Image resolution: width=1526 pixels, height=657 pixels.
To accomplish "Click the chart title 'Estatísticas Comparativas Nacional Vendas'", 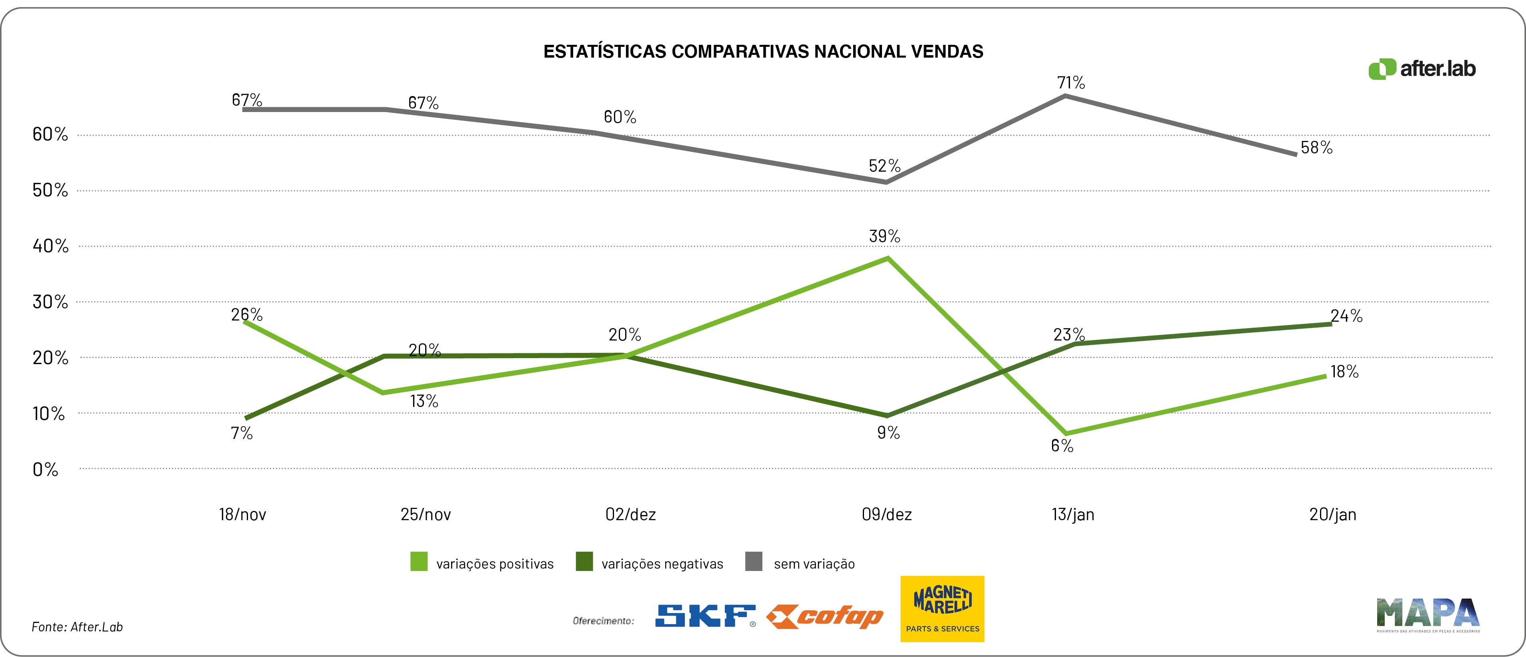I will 763,52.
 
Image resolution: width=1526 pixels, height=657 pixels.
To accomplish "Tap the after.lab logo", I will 1422,69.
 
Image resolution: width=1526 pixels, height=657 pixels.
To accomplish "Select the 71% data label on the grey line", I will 1070,82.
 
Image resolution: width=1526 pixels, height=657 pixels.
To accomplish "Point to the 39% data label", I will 884,236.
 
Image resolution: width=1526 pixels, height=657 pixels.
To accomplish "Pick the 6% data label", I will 1062,445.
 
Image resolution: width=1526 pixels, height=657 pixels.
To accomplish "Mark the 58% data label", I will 1316,148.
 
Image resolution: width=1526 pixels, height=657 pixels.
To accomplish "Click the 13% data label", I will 424,401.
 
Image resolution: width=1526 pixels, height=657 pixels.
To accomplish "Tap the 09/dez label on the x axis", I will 886,514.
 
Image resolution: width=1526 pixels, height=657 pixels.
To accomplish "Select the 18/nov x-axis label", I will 242,514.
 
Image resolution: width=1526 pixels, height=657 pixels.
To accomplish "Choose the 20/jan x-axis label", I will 1332,514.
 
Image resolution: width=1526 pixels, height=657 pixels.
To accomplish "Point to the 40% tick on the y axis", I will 50,246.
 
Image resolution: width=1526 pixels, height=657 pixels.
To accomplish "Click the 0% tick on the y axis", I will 45,470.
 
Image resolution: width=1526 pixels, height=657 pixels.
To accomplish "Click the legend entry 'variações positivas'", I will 495,563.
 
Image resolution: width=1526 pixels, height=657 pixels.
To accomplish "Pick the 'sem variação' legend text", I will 814,563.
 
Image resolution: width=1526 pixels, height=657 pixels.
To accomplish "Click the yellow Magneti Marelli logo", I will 942,609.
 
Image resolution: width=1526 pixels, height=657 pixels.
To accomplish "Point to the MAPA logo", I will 1428,614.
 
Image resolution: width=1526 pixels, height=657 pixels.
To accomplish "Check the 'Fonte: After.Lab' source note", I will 77,627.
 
